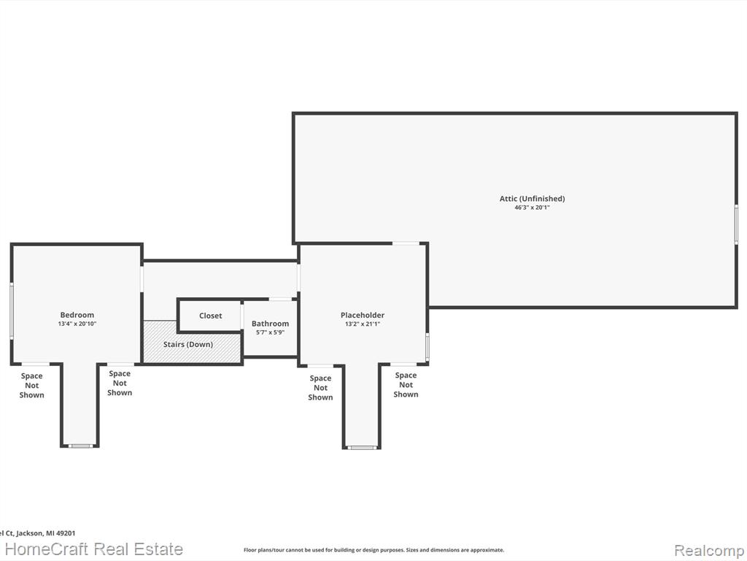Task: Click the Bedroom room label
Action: [x=77, y=315]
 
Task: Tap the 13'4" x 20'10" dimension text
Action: [x=77, y=324]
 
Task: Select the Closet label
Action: [x=211, y=316]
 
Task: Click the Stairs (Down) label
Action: [x=188, y=345]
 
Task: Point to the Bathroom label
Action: [x=270, y=324]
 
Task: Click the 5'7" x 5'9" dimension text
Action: [x=270, y=332]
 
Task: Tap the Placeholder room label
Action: [x=363, y=315]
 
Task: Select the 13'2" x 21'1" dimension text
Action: [x=363, y=324]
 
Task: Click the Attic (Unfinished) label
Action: [x=532, y=199]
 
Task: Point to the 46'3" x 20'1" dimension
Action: [x=532, y=207]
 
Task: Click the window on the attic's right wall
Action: [x=735, y=224]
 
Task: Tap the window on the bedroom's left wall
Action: [x=12, y=311]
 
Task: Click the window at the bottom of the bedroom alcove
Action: [x=80, y=446]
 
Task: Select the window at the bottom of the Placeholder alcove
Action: [x=362, y=448]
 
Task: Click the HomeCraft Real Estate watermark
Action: [x=94, y=549]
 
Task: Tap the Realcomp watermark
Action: [x=710, y=550]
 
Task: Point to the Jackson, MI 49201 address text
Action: [x=43, y=533]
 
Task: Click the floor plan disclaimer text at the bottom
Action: [x=373, y=550]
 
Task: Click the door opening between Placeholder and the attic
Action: [x=406, y=243]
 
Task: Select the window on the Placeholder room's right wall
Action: [x=427, y=347]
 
